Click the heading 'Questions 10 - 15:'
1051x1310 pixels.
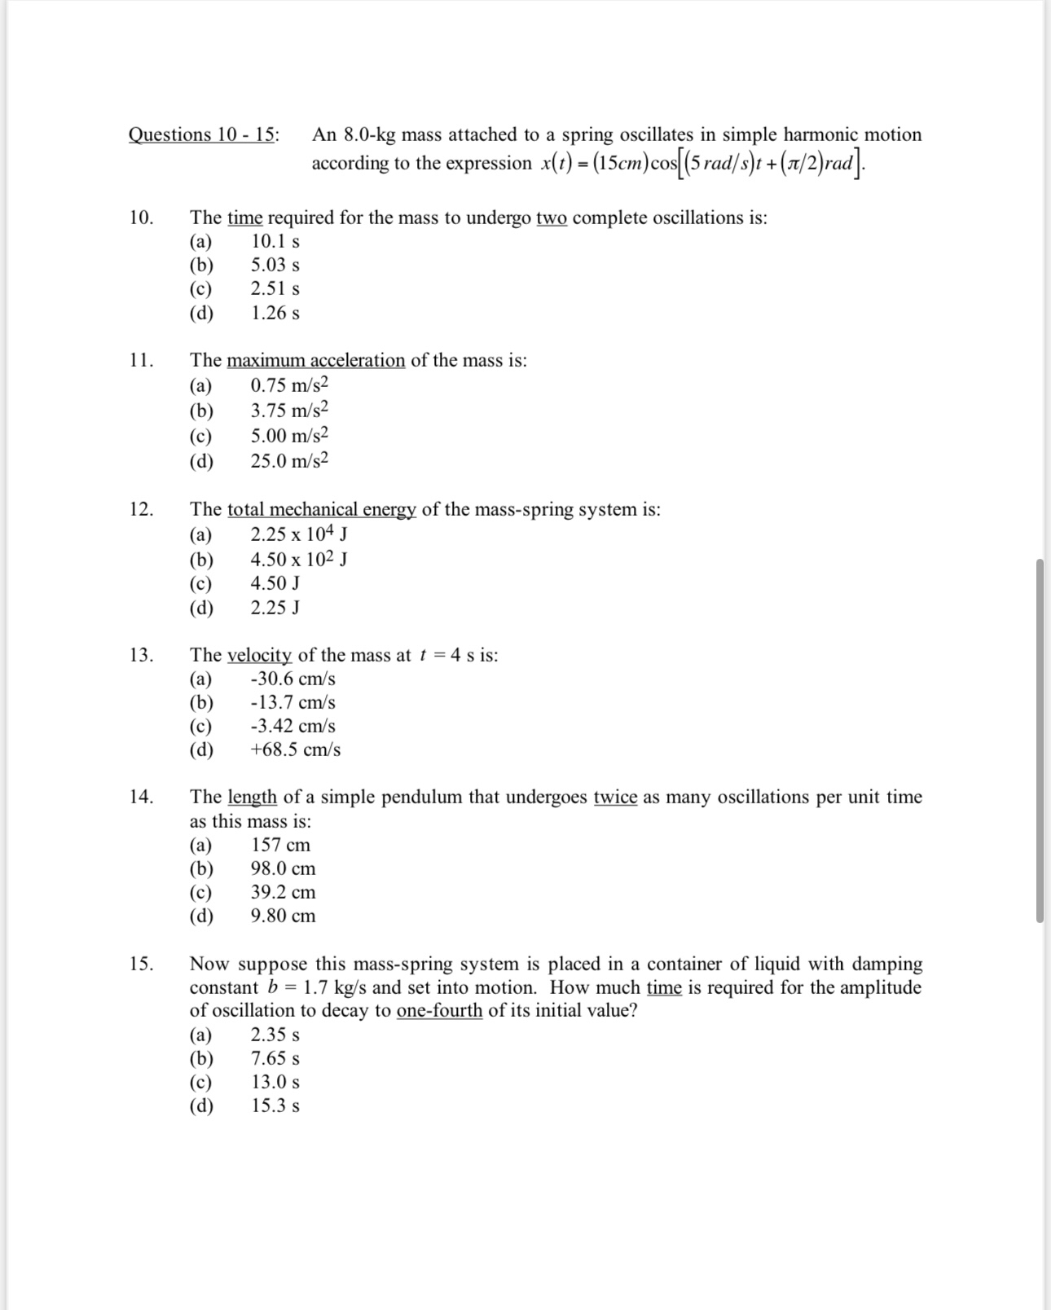(203, 134)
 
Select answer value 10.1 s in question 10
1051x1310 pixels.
(275, 241)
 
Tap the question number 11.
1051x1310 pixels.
(141, 360)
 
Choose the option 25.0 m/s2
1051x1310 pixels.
(289, 461)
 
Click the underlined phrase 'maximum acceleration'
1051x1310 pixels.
(315, 360)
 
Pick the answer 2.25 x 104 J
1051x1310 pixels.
(299, 534)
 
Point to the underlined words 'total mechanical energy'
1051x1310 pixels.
(321, 509)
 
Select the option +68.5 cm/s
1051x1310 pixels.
(295, 750)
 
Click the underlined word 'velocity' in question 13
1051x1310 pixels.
(259, 655)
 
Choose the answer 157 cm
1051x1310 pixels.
(280, 845)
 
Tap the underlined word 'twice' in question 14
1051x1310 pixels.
(615, 797)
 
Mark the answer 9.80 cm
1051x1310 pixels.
(283, 916)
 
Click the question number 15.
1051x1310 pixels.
(141, 964)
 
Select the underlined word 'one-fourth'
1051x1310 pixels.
(439, 1010)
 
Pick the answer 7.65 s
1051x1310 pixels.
(275, 1058)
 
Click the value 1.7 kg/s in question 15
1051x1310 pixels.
(334, 987)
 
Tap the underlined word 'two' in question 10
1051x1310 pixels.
(551, 218)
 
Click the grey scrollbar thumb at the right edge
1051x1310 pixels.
(1040, 740)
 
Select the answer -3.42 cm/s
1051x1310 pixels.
(292, 726)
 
